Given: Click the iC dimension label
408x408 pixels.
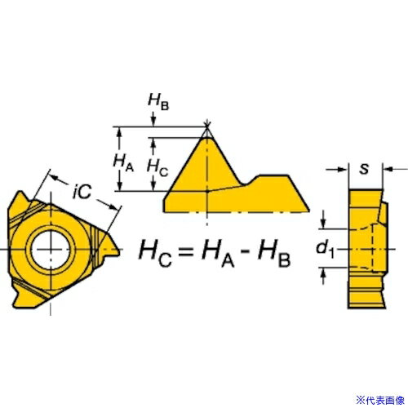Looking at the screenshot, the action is click(x=82, y=191).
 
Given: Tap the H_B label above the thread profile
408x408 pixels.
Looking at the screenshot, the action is click(x=158, y=102).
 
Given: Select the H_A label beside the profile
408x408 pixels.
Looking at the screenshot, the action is click(x=123, y=162).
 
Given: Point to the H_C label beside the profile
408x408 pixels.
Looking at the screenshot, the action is click(x=157, y=167).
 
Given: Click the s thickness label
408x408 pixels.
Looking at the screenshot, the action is click(x=364, y=169).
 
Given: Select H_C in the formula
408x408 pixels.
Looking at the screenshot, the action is click(x=155, y=254).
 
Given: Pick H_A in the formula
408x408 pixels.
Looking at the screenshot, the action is click(x=218, y=254).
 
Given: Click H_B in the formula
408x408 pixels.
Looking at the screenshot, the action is click(x=274, y=254).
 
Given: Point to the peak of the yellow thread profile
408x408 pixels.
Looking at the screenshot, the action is click(x=207, y=138).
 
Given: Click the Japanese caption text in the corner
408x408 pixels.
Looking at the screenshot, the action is click(x=380, y=400).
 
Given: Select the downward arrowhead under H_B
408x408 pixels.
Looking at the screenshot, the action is click(x=153, y=122).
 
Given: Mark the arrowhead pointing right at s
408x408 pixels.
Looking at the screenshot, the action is click(x=343, y=169).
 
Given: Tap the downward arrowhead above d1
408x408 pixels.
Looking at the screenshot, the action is click(x=323, y=224).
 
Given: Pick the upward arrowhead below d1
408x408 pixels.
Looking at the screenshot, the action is click(x=323, y=273).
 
